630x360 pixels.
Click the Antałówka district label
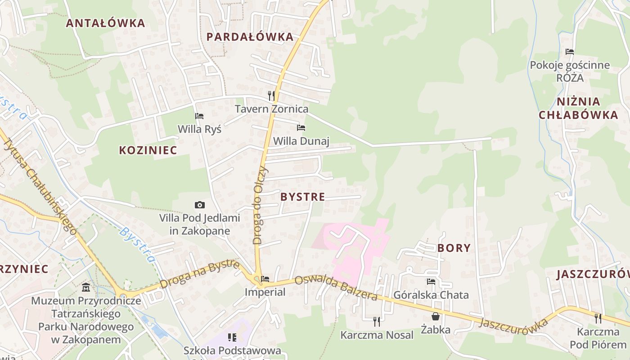(105, 23)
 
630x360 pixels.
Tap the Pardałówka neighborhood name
(250, 37)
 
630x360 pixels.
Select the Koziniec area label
(148, 150)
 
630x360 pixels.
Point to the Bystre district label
(302, 197)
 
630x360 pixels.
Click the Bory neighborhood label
(454, 248)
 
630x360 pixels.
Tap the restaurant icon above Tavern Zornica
(271, 95)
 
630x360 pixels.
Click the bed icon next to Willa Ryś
(199, 116)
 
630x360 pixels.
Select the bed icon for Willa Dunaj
(301, 128)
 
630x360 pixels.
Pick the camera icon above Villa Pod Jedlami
(200, 205)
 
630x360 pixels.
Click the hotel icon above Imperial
(265, 279)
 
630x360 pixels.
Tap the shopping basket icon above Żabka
(435, 316)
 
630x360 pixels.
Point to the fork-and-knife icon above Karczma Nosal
(377, 321)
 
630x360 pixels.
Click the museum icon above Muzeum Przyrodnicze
(86, 287)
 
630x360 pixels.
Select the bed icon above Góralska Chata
(431, 282)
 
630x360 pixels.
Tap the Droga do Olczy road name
(260, 205)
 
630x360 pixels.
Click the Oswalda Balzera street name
(336, 288)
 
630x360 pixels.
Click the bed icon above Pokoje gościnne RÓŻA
(570, 52)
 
